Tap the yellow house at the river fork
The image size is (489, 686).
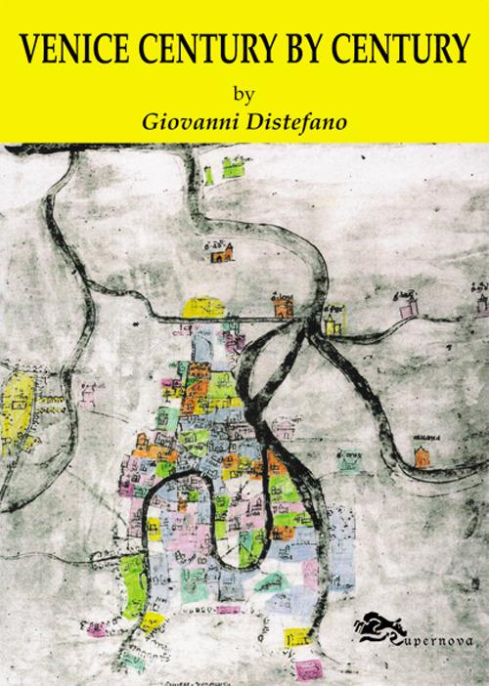point(335,318)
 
